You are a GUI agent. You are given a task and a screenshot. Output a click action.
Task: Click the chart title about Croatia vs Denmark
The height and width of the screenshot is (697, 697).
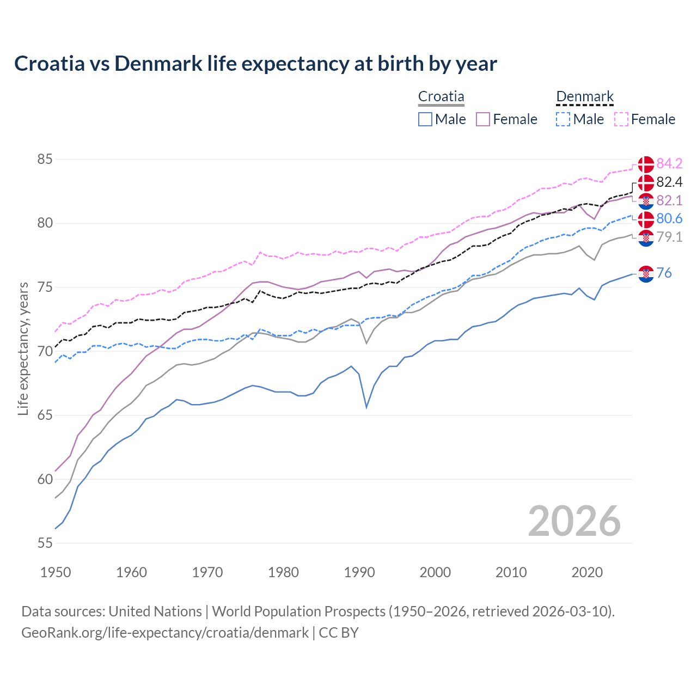click(x=255, y=64)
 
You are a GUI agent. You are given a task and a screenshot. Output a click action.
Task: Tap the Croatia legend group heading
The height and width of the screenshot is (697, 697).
click(x=441, y=97)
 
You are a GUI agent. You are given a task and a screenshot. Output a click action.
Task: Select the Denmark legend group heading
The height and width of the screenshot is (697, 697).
click(x=585, y=97)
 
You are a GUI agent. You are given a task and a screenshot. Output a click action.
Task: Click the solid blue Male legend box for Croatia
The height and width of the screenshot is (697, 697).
click(x=425, y=119)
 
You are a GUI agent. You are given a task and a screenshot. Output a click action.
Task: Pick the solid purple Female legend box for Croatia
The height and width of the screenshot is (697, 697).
click(x=483, y=119)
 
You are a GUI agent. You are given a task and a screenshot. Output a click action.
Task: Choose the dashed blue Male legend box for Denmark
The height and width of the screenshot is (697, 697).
click(x=563, y=119)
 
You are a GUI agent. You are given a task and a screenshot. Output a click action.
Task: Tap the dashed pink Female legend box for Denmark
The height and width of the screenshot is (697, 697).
click(x=621, y=119)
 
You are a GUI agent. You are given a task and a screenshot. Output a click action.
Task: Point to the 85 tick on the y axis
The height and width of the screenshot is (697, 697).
click(x=45, y=160)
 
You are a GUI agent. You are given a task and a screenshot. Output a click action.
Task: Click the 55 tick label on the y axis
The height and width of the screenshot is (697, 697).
click(x=45, y=543)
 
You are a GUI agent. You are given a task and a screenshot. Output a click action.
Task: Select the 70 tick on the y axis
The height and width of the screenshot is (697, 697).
click(x=45, y=351)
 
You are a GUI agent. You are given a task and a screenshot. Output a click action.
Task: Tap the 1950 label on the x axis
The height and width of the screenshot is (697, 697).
click(x=56, y=572)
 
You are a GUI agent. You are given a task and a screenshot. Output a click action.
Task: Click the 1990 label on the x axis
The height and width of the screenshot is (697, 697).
click(x=359, y=572)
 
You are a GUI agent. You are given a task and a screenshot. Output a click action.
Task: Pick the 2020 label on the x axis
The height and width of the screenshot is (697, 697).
click(x=587, y=572)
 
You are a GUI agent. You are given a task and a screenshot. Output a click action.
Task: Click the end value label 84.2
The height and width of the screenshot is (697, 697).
click(x=669, y=163)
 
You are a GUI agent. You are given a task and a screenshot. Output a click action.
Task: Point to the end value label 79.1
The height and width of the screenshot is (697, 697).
click(x=669, y=237)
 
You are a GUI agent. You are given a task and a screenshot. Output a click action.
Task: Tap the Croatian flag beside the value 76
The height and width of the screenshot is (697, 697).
click(x=646, y=274)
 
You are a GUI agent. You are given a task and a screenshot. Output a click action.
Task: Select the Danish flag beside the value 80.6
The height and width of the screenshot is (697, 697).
click(x=646, y=219)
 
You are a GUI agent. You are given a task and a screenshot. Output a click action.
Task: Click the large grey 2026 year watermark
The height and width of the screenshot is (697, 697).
click(x=574, y=521)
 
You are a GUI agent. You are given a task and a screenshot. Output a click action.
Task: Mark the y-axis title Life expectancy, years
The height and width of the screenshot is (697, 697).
click(x=23, y=348)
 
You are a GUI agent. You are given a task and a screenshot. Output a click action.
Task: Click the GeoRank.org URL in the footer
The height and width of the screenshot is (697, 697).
click(x=165, y=633)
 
